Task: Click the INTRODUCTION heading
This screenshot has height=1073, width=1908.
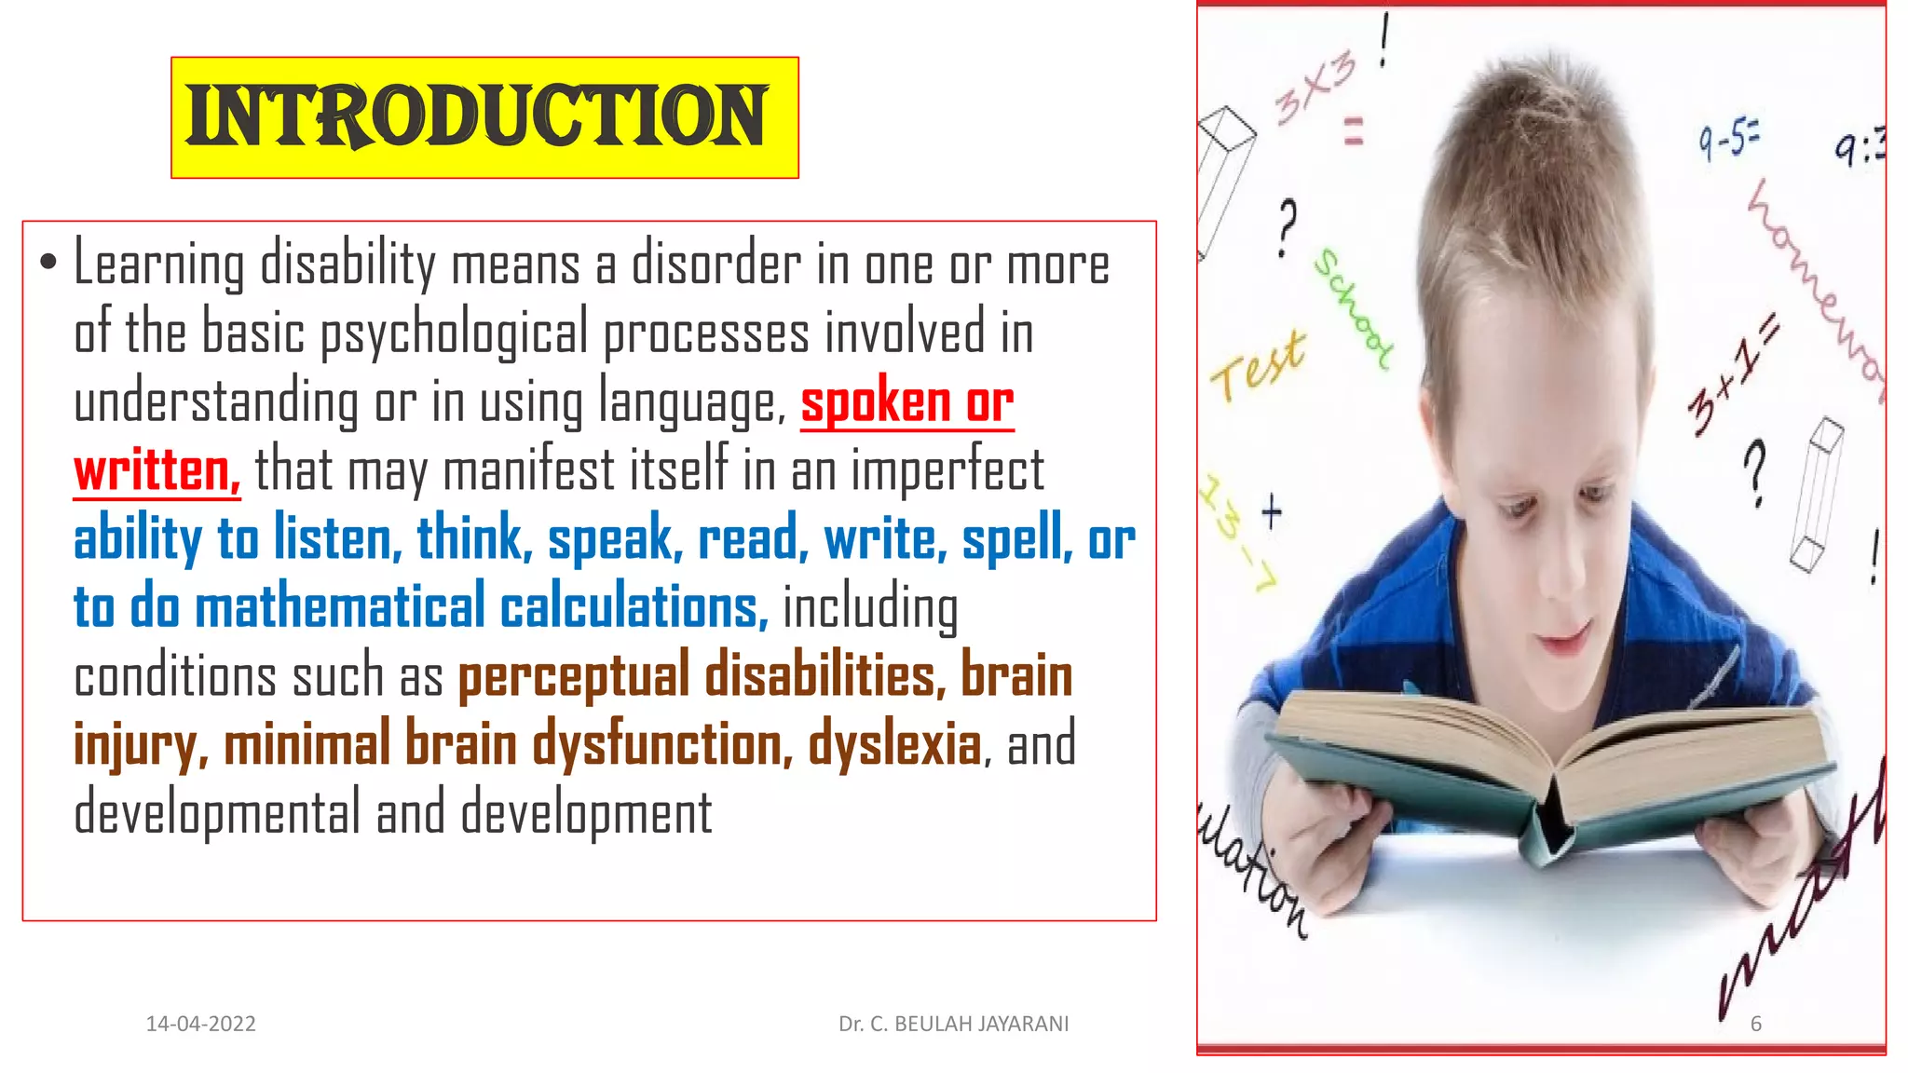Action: [477, 116]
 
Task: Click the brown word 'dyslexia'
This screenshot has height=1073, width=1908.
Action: [894, 745]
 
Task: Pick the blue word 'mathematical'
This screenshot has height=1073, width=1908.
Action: [340, 607]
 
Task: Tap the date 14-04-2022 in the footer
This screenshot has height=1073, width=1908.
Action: [201, 1024]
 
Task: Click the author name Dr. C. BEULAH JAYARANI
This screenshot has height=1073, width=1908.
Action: [953, 1024]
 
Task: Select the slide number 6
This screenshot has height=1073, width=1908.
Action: [1756, 1024]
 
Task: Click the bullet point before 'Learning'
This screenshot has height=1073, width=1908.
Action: [48, 263]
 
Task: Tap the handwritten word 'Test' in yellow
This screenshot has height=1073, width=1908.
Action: [1258, 365]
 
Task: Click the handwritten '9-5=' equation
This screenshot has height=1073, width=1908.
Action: [1728, 141]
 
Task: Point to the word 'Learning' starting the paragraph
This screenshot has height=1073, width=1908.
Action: [158, 265]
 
